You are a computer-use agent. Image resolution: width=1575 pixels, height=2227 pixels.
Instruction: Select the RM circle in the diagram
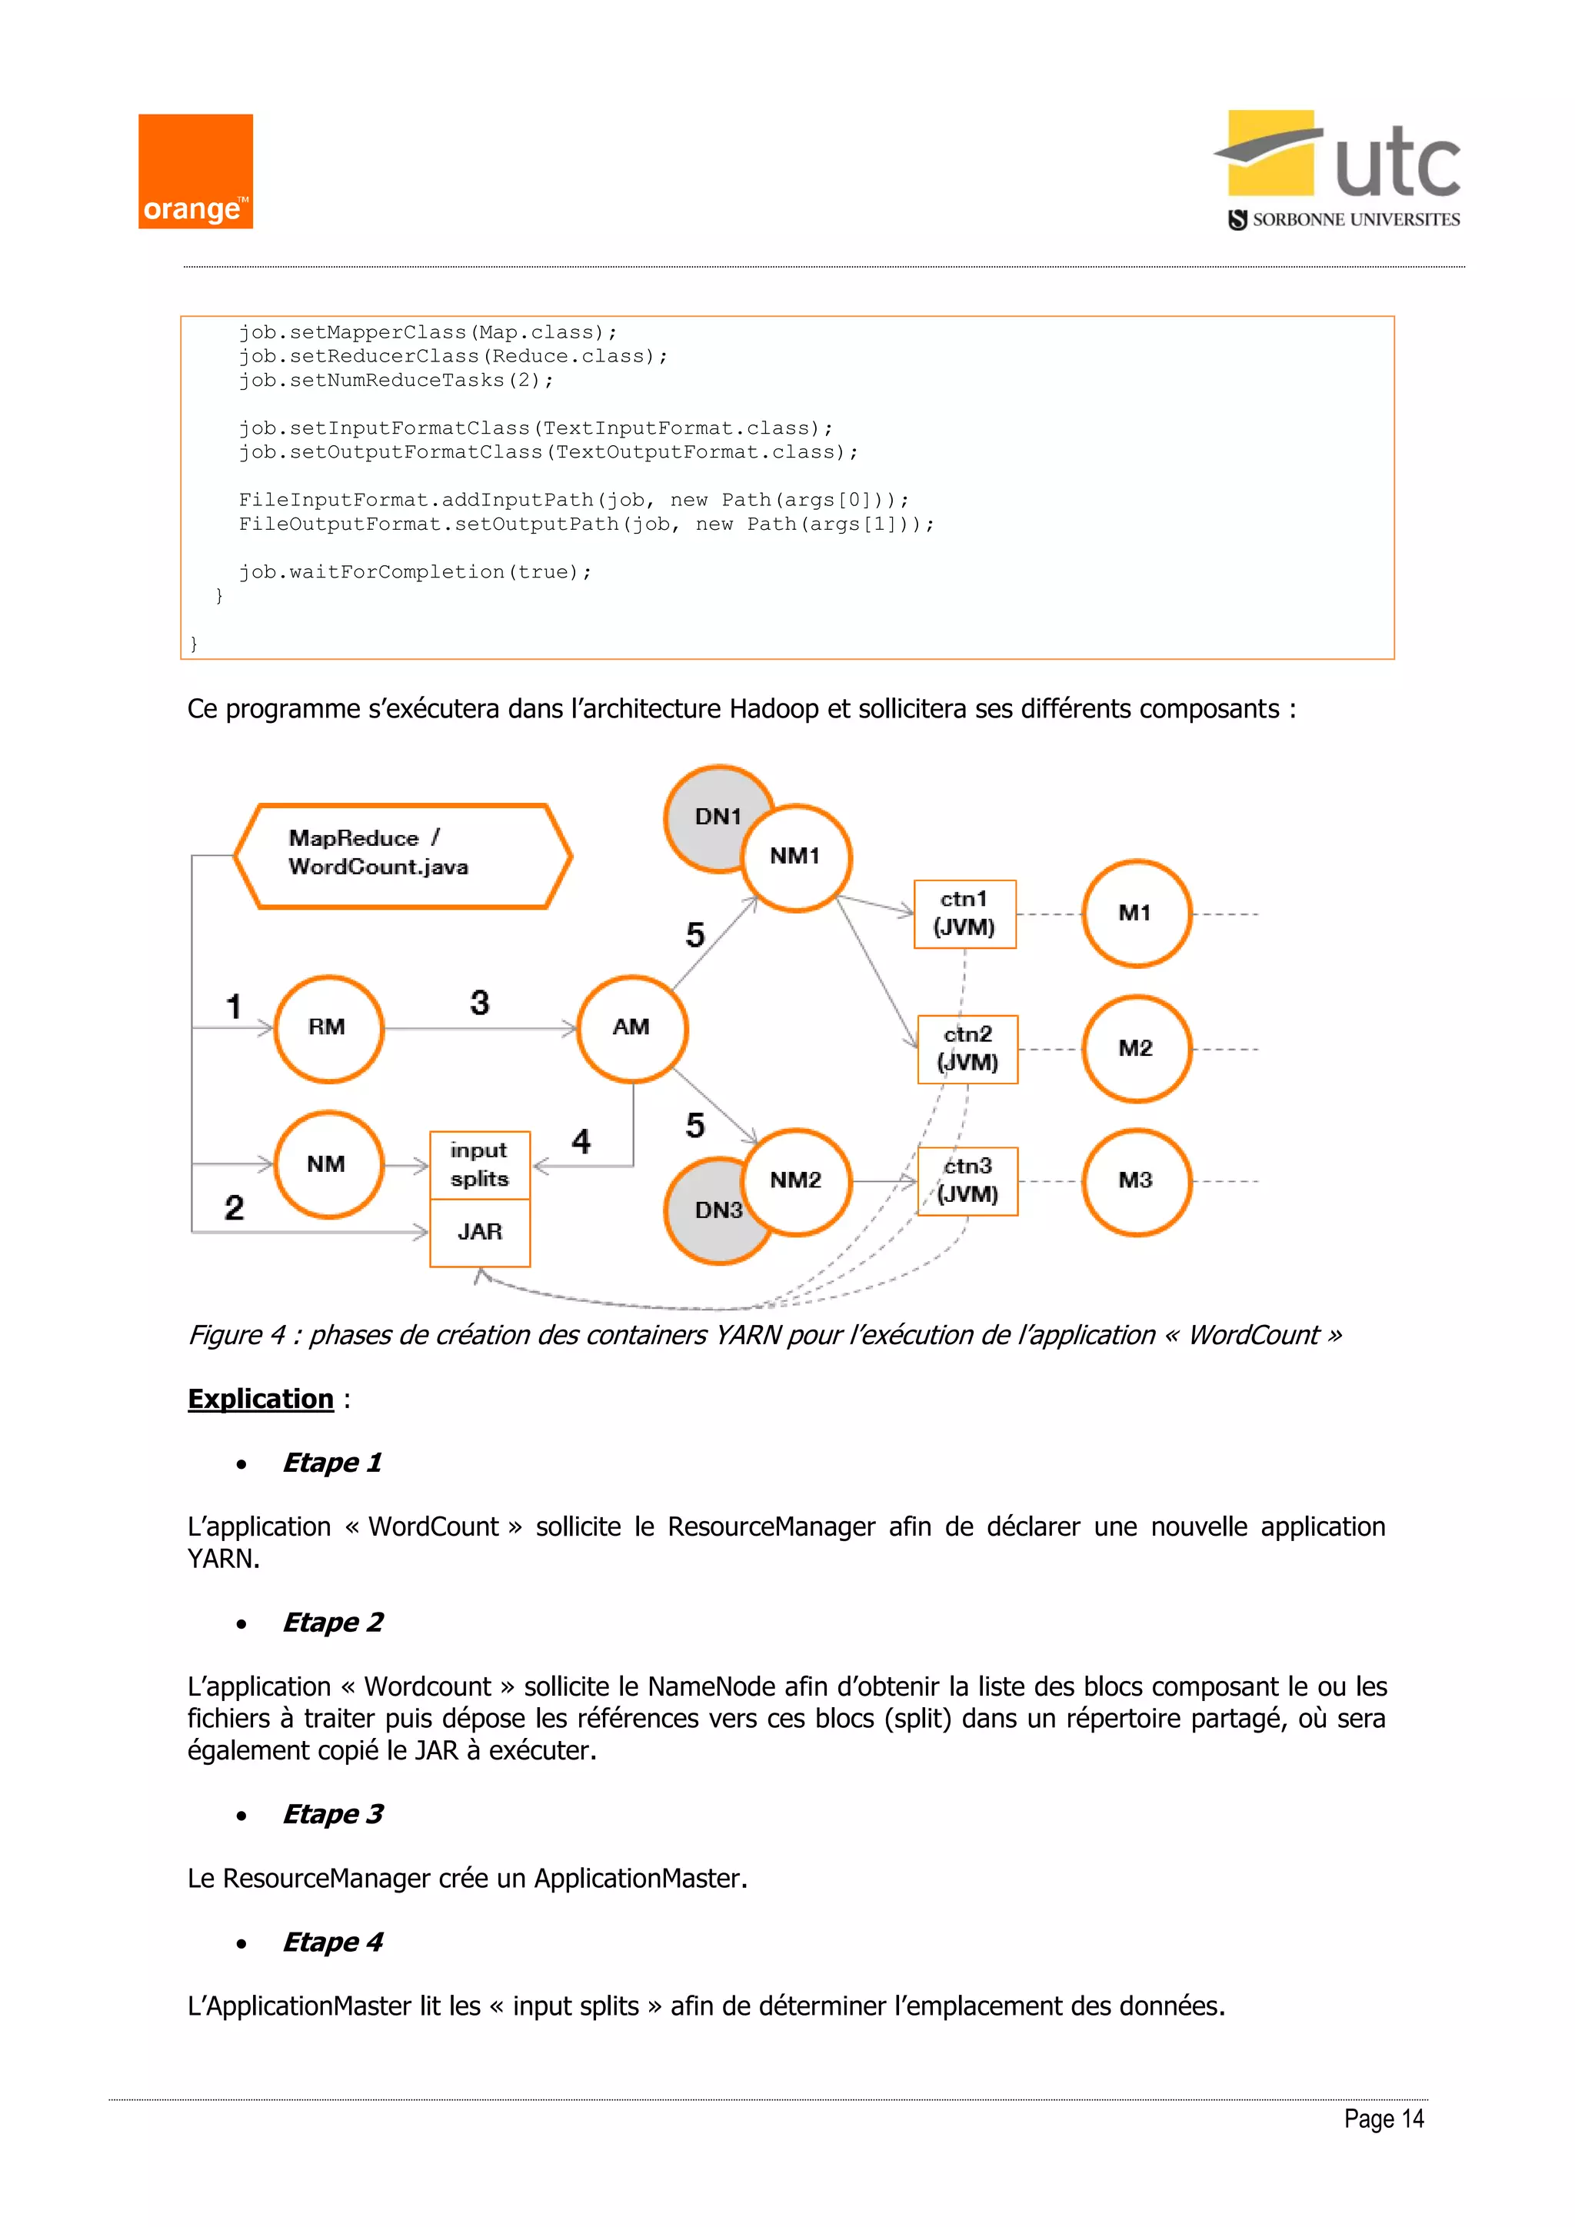click(328, 1028)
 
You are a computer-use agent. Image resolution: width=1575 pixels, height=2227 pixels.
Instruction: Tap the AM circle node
click(631, 1028)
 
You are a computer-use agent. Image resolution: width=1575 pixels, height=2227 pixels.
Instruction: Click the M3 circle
click(1136, 1180)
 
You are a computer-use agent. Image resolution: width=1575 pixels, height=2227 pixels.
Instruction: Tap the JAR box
click(480, 1232)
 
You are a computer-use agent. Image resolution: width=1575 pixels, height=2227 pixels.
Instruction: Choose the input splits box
click(480, 1165)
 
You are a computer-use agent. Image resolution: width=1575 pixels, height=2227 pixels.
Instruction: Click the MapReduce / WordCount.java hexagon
click(402, 854)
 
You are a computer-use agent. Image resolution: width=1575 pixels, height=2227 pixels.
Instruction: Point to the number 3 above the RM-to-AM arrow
click(479, 1002)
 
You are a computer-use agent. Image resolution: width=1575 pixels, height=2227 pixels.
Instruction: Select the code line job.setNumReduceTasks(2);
click(396, 380)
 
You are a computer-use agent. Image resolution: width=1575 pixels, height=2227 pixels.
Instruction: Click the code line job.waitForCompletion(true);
click(415, 572)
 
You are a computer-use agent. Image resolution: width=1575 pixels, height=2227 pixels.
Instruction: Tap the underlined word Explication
click(260, 1399)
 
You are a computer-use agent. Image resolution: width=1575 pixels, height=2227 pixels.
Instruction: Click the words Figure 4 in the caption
click(237, 1335)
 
